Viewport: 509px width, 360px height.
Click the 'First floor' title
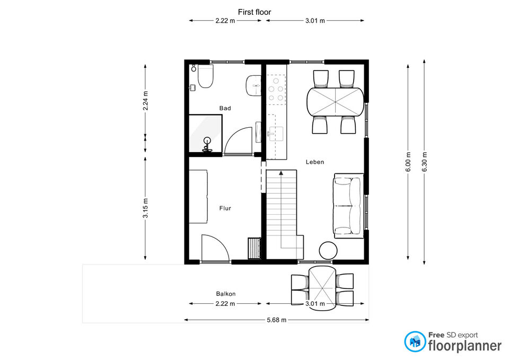[254, 12]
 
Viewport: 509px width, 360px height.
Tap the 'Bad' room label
[225, 108]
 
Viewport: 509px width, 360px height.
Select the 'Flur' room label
[225, 208]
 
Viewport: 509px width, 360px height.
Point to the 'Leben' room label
[315, 162]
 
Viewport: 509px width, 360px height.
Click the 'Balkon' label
[226, 294]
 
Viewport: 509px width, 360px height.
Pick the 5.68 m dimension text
[277, 320]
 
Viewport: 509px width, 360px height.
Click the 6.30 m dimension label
[425, 162]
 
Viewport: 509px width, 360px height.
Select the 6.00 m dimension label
[408, 162]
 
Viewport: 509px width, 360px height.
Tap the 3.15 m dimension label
[145, 208]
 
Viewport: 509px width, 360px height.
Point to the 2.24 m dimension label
[145, 101]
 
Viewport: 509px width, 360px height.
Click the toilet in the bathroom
[205, 76]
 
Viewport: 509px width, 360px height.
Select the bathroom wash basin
[254, 86]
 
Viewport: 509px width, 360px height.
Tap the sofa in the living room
[349, 206]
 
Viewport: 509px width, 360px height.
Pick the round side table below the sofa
[328, 251]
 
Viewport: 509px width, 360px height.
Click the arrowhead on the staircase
[281, 173]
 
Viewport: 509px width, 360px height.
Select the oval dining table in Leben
[335, 102]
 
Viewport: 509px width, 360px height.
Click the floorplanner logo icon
[415, 341]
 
